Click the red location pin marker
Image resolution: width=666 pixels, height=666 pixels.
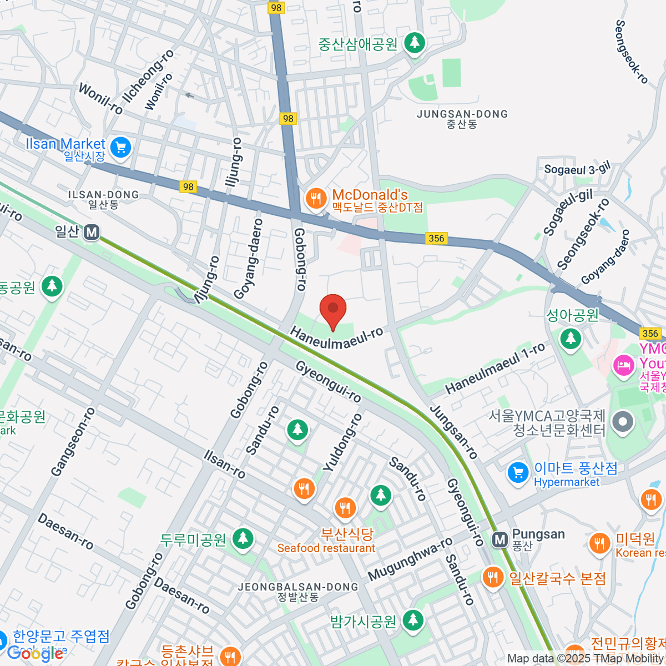click(x=333, y=310)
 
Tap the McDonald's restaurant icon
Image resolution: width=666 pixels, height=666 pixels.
click(x=316, y=199)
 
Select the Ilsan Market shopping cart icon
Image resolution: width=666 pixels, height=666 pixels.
click(x=120, y=148)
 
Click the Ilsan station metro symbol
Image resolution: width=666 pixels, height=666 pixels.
click(x=92, y=232)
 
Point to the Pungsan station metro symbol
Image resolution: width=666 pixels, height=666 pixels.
click(x=500, y=539)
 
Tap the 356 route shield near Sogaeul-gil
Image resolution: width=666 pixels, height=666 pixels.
click(x=437, y=238)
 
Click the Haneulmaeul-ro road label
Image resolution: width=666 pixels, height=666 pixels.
click(x=336, y=337)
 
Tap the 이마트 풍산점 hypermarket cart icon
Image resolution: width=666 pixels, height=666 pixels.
click(x=518, y=473)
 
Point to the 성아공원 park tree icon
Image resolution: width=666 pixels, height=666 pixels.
click(x=570, y=338)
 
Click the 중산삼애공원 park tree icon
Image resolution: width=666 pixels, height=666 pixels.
click(x=414, y=43)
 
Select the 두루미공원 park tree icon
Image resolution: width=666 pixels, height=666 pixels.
click(x=243, y=539)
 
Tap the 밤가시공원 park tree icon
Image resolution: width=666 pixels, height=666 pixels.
click(x=412, y=620)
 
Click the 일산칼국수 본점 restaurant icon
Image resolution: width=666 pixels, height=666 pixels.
click(x=492, y=578)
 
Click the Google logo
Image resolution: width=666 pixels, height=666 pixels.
click(x=35, y=653)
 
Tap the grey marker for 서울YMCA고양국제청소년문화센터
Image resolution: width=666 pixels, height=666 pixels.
click(x=623, y=422)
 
